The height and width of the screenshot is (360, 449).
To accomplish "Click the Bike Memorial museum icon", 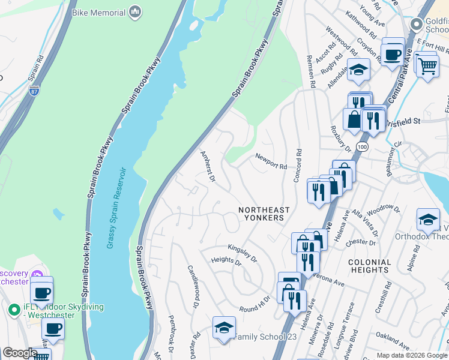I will (136, 12).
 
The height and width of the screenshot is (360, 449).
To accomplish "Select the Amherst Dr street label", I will (207, 166).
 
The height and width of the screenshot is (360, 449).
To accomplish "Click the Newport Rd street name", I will (271, 161).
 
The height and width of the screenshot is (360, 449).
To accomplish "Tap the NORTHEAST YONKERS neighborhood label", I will (264, 214).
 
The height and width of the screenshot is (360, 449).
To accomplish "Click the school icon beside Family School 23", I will (224, 328).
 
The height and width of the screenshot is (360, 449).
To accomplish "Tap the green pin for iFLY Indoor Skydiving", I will (13, 310).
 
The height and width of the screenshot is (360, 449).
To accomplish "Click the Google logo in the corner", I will (19, 353).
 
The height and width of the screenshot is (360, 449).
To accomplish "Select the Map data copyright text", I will (411, 355).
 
